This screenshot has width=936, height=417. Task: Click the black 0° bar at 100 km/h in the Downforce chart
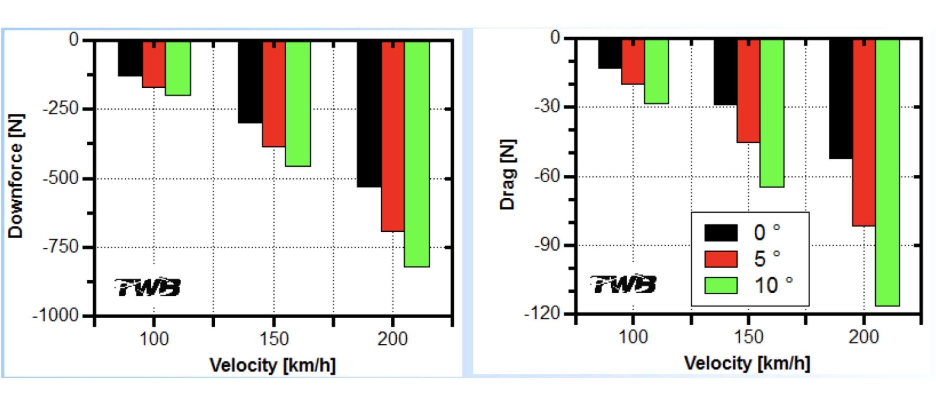point(130,58)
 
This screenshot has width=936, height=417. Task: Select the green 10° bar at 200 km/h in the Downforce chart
point(417,153)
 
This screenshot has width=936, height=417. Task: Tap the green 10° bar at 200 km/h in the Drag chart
point(887,172)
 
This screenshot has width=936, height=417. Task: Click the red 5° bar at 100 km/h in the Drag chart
point(633,62)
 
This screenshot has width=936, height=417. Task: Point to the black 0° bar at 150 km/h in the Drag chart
point(725,72)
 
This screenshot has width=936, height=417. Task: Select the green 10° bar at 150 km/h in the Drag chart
point(772,113)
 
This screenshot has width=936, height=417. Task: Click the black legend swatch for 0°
point(721,233)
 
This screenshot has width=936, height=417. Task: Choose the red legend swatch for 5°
point(721,259)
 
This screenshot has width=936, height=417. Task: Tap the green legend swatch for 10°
point(721,285)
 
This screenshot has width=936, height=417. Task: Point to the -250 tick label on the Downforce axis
point(61,109)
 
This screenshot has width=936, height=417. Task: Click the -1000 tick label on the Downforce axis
point(56,315)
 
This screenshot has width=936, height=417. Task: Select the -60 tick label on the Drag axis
point(547,176)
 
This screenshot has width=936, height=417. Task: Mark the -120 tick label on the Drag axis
point(542,313)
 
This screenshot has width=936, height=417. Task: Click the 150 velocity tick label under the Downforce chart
point(274,339)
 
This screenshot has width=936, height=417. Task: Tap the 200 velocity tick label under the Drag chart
point(864,337)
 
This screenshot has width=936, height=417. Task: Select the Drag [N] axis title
point(508,174)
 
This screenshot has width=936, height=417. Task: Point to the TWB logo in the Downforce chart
point(148,287)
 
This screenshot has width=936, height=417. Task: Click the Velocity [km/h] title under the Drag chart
point(747,364)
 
